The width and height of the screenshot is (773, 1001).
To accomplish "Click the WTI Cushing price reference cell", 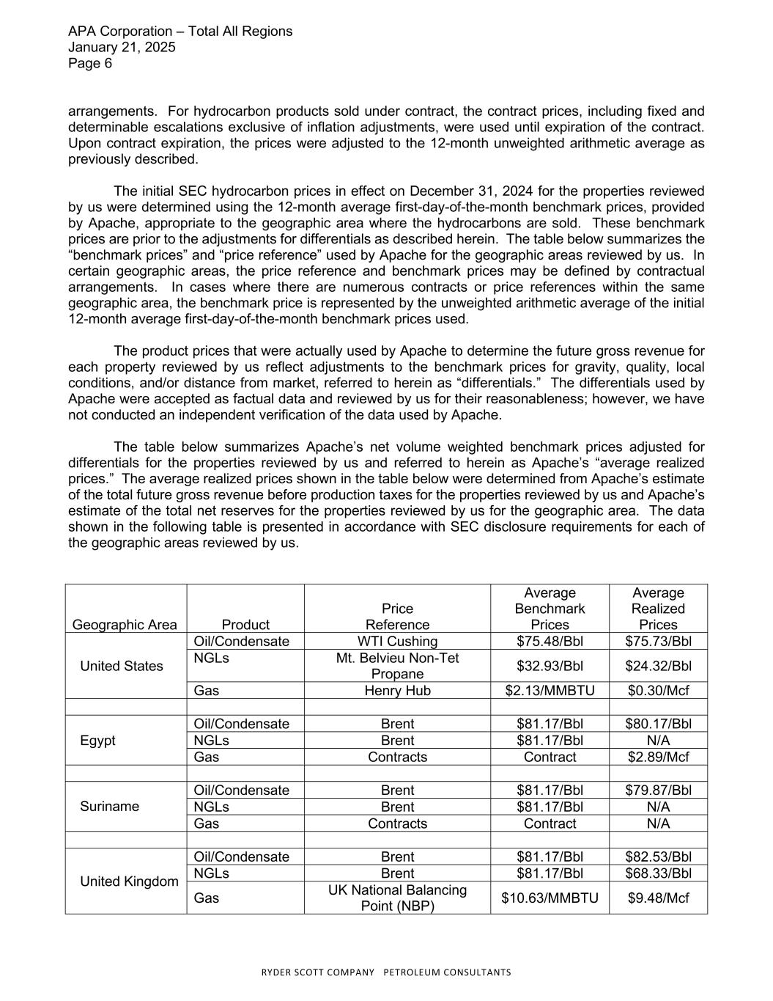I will click(397, 642).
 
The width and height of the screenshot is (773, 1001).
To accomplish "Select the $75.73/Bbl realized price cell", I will click(658, 642).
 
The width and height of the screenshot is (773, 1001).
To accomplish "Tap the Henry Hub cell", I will click(397, 691).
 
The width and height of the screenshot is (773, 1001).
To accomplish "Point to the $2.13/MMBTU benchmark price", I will click(550, 691).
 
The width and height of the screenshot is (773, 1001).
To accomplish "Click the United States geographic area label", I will click(122, 666).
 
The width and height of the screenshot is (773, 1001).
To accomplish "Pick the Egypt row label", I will click(98, 741).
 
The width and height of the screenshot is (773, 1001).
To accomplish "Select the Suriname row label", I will click(109, 807).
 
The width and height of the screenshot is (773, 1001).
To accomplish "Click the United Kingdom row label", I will click(129, 881).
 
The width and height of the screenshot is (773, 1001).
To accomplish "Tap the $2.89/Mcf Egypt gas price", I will click(658, 757).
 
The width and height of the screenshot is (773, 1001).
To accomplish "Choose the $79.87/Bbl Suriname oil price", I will click(658, 791).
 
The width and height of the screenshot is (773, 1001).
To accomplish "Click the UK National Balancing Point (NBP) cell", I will click(397, 898).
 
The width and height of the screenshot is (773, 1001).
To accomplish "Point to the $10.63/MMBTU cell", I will click(550, 898).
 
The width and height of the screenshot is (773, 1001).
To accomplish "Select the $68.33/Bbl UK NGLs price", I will click(658, 873).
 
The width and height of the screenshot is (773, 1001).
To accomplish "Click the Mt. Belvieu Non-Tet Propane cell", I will click(397, 666).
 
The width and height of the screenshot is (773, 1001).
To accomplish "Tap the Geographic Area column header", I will click(125, 625).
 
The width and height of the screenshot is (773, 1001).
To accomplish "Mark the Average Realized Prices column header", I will click(658, 609).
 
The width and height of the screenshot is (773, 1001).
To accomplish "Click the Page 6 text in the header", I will click(90, 64).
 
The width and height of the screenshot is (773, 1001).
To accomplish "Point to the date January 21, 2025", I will click(122, 48).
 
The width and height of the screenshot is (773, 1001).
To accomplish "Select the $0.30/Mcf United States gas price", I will click(658, 691).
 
